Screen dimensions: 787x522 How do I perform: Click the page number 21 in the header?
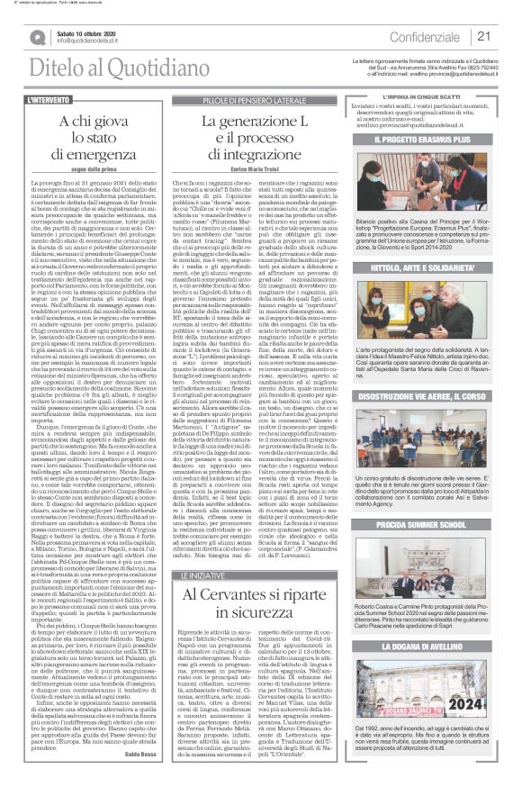click(x=483, y=37)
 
